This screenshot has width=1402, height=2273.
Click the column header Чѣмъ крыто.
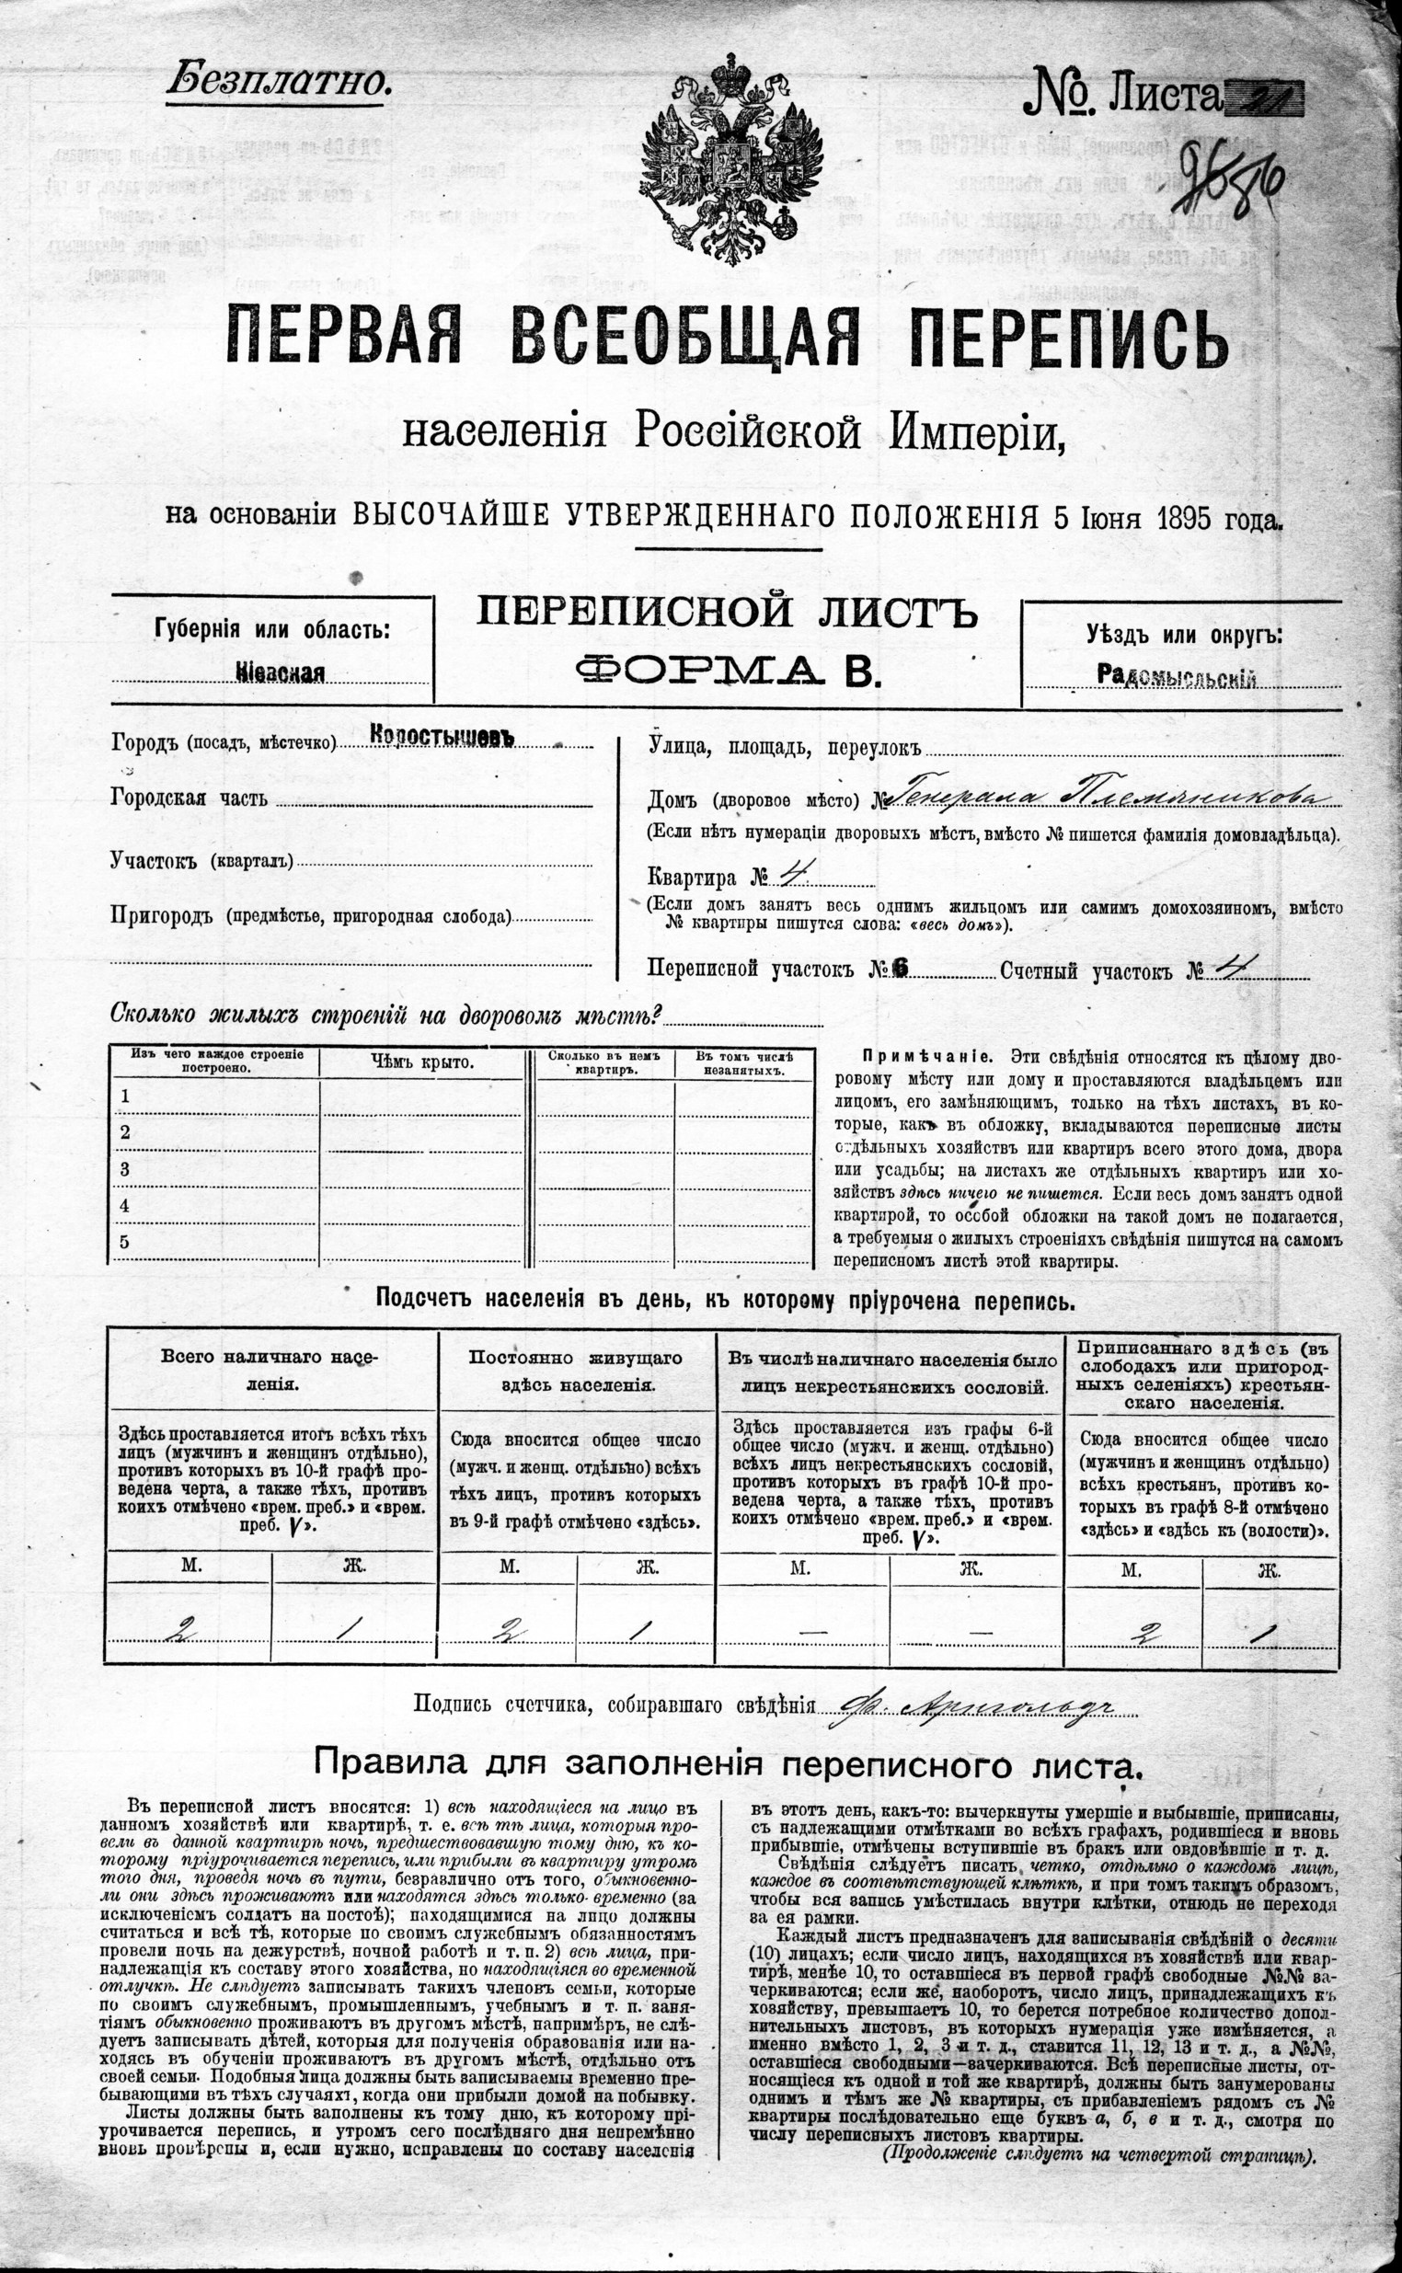[x=423, y=1062]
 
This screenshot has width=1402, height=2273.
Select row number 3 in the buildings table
[x=125, y=1169]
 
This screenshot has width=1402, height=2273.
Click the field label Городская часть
[x=190, y=798]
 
